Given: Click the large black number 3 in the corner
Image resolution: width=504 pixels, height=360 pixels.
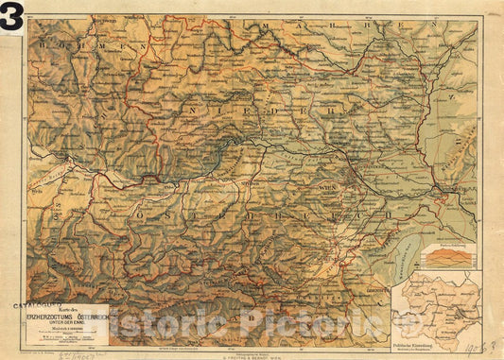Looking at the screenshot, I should click(x=12, y=16).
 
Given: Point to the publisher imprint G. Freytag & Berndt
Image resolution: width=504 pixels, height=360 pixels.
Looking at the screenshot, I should click(x=248, y=352).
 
